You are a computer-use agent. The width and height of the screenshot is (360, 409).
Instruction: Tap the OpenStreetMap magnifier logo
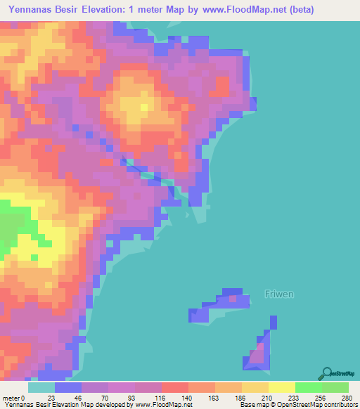328,373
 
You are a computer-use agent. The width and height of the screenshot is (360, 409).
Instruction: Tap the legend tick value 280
347,398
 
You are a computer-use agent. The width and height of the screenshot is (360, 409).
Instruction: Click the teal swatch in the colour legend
41,387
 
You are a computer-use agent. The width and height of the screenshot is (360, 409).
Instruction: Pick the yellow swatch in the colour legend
282,387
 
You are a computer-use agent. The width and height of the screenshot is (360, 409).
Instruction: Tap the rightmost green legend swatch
335,387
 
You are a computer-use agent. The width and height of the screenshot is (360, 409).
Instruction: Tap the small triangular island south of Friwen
259,351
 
